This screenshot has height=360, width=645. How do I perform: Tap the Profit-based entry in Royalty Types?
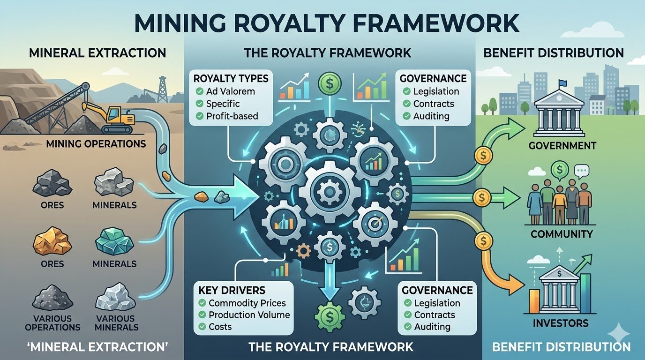[232, 115]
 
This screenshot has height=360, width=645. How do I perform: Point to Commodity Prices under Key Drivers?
[247, 303]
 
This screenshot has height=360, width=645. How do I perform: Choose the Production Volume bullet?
[249, 315]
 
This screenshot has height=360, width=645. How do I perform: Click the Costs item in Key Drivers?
[220, 326]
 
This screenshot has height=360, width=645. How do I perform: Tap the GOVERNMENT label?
[562, 146]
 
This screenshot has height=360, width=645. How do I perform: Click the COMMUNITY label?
[562, 233]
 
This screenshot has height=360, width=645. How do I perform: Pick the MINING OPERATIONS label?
[96, 143]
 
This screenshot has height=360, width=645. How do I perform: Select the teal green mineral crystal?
[114, 241]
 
